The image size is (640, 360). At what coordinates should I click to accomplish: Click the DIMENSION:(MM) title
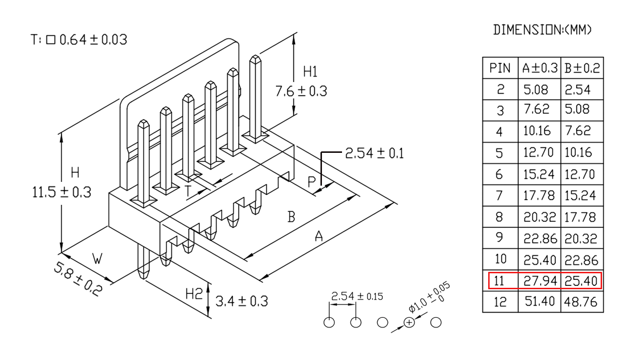click(x=542, y=30)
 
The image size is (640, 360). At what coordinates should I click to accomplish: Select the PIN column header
click(x=500, y=68)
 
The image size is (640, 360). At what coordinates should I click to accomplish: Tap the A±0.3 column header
click(x=539, y=68)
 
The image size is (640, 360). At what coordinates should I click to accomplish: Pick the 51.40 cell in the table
click(x=539, y=301)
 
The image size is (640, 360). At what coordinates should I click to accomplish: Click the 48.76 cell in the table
click(x=580, y=302)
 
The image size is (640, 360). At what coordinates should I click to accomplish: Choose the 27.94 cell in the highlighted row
click(x=540, y=281)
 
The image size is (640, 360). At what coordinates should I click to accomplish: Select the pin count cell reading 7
click(x=499, y=195)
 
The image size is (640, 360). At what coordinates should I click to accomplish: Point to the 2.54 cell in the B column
click(x=577, y=90)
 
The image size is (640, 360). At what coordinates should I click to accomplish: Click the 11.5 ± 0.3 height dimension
click(x=61, y=192)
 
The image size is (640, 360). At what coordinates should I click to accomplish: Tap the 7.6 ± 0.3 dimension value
click(x=301, y=91)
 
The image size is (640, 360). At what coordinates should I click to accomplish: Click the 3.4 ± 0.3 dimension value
click(x=241, y=301)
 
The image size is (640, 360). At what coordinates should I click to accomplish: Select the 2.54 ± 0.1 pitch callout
click(x=374, y=153)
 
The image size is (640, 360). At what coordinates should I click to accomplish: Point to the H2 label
click(x=193, y=293)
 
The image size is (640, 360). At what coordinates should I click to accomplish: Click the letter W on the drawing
click(x=97, y=259)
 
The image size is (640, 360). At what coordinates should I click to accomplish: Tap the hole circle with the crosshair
click(x=409, y=322)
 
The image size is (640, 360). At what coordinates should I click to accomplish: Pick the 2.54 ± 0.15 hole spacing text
click(x=357, y=296)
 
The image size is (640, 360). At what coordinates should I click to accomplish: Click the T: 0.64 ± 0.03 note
click(x=79, y=39)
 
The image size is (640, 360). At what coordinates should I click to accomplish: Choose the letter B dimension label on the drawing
click(x=291, y=217)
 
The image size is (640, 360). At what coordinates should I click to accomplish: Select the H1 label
click(x=310, y=72)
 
